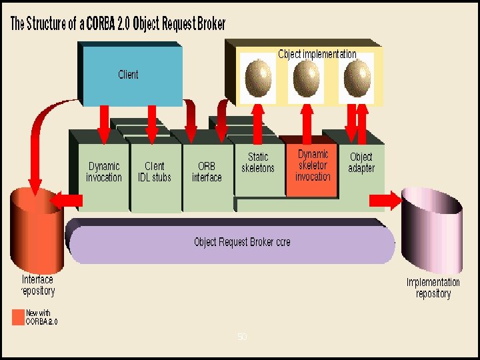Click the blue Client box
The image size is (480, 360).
130,73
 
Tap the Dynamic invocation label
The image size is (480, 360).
104,172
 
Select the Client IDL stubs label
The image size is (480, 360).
154,172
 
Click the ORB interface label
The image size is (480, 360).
206,172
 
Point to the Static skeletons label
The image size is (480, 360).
257,163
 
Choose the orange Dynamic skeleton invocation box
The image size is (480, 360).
312,166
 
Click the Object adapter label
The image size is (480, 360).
361,163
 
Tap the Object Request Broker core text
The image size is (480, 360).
242,242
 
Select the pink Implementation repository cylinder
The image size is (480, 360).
432,227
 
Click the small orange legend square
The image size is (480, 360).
17,317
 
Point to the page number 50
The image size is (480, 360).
242,337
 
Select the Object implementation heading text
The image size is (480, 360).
317,54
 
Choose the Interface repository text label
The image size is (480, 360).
38,285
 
